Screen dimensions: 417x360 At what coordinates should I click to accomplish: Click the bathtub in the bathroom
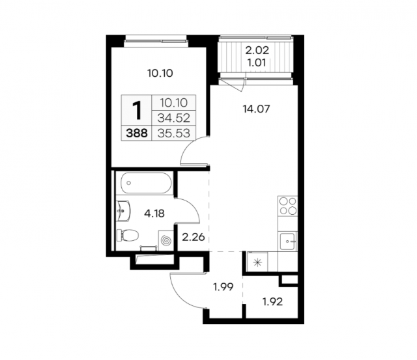(146, 183)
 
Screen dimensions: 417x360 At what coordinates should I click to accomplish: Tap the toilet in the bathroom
(128, 236)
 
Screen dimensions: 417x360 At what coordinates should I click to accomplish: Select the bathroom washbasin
(123, 211)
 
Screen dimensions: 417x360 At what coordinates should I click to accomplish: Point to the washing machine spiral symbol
(166, 240)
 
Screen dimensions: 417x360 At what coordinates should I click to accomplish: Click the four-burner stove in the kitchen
(288, 206)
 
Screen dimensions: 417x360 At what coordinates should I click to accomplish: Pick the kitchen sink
(287, 241)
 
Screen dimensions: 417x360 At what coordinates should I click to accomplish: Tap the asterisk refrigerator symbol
(257, 262)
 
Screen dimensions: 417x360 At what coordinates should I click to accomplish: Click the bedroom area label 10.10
(160, 73)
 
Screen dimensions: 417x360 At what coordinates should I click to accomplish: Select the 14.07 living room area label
(256, 109)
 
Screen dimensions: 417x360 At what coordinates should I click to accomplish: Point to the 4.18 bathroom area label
(154, 213)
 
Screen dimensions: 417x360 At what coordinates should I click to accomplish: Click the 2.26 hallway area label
(194, 237)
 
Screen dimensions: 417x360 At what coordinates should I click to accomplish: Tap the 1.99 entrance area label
(223, 286)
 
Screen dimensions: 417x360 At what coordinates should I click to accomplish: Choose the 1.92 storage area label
(272, 301)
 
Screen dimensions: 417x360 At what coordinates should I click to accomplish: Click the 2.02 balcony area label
(257, 50)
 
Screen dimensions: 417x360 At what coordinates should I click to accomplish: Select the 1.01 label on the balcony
(257, 63)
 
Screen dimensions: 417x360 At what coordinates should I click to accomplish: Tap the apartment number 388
(137, 133)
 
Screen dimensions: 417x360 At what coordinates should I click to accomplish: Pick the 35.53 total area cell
(174, 133)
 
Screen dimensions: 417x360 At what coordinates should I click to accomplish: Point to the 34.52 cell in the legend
(174, 118)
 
